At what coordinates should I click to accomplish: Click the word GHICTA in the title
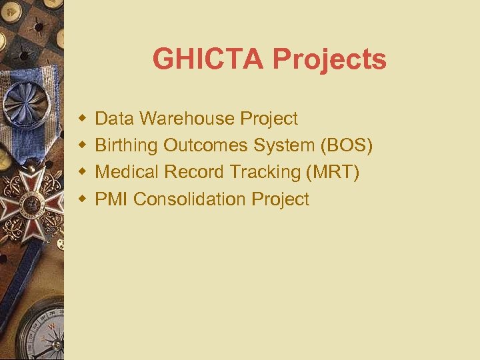coord(208,59)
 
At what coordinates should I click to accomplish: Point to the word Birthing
coord(127,146)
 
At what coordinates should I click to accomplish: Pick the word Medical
coord(127,172)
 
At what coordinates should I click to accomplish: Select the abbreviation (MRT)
coord(333,172)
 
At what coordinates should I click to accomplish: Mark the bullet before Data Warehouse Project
coord(82,119)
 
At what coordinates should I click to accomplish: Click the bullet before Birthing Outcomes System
coord(82,145)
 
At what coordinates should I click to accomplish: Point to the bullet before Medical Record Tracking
coord(82,172)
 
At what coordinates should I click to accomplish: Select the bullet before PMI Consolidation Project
coord(82,199)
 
